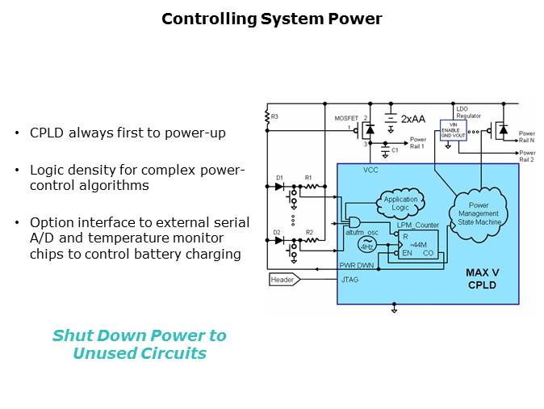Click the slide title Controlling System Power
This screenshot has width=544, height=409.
[271, 19]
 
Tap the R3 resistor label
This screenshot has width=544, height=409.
[275, 117]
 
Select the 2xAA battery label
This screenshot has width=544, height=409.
[413, 118]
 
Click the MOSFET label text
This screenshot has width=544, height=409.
[345, 118]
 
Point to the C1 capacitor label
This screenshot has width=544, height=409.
[395, 150]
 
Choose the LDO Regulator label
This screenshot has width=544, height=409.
[468, 112]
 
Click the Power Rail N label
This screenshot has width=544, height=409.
[526, 137]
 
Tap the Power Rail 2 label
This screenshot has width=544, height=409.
[526, 156]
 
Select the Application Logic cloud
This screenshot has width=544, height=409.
[400, 203]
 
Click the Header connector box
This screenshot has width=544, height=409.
[283, 279]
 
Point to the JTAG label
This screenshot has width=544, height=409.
[349, 279]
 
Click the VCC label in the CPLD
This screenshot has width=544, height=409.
[370, 171]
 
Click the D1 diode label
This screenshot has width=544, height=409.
[279, 176]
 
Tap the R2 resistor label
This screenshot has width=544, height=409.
[308, 232]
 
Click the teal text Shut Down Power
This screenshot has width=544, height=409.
[139, 335]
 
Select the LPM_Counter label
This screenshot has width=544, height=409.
[417, 225]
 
